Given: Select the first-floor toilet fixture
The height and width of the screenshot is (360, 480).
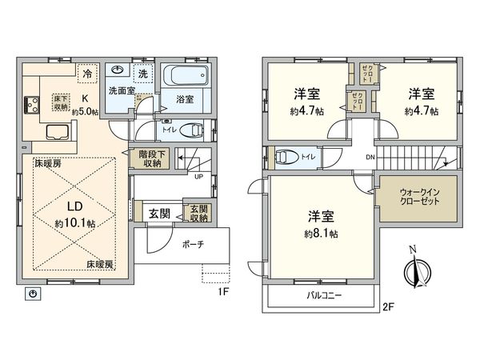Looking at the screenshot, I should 191,130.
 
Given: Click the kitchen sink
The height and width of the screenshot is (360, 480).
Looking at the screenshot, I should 58,132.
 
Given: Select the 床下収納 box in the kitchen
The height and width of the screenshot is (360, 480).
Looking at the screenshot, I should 62,102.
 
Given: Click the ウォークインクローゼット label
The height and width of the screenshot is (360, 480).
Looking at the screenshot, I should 408,198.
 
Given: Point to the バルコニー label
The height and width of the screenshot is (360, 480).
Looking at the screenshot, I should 324,296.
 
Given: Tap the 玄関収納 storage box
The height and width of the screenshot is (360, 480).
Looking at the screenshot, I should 198,213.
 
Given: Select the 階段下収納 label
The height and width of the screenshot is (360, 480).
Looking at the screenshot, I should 149,159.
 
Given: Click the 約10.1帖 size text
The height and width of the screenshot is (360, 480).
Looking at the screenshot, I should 75,224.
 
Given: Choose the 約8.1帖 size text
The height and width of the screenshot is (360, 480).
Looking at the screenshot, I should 321,234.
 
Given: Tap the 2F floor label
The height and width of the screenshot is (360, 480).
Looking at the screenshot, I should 390,306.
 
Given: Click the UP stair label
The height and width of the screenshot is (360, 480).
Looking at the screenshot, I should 198,176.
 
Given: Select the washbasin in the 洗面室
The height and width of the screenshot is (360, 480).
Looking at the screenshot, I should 119,70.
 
